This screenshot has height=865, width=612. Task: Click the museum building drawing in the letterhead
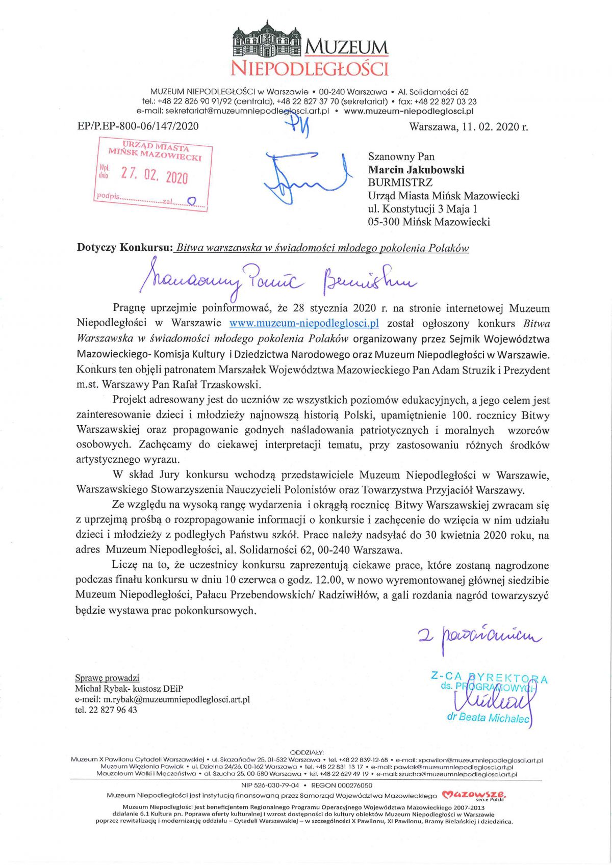pyautogui.click(x=267, y=40)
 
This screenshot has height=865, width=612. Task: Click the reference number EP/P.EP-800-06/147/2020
pyautogui.click(x=138, y=126)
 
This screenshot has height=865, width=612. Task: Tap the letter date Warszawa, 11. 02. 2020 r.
pyautogui.click(x=468, y=127)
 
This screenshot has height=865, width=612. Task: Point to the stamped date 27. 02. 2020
pyautogui.click(x=155, y=176)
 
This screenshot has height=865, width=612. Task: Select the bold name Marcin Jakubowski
pyautogui.click(x=416, y=170)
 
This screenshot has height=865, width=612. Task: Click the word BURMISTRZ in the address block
pyautogui.click(x=400, y=182)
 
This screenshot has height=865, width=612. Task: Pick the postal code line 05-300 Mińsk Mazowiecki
pyautogui.click(x=429, y=222)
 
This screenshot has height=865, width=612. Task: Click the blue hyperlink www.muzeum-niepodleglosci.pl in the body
pyautogui.click(x=304, y=323)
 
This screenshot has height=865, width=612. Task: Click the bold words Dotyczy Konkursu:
pyautogui.click(x=125, y=248)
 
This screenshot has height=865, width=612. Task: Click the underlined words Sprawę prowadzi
pyautogui.click(x=107, y=678)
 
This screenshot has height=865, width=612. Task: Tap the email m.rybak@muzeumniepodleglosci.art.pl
pyautogui.click(x=176, y=699)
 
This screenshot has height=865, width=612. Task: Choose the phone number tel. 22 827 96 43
pyautogui.click(x=106, y=710)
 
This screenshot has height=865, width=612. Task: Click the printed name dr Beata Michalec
pyautogui.click(x=488, y=718)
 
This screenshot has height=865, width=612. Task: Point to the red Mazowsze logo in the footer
pyautogui.click(x=474, y=795)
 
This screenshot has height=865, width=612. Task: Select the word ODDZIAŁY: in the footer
pyautogui.click(x=307, y=752)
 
